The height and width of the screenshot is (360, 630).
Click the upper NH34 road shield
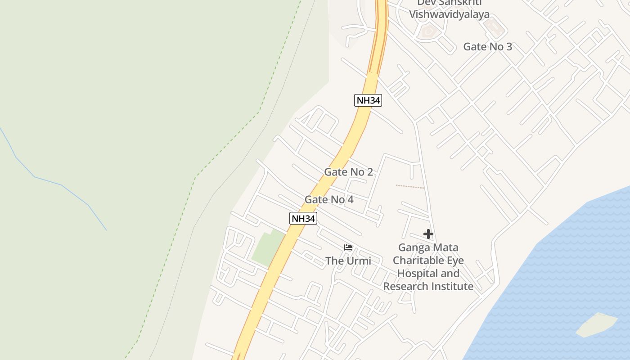click(x=368, y=100)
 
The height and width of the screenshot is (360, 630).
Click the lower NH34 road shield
click(x=303, y=219)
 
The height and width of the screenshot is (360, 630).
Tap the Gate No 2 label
click(x=348, y=172)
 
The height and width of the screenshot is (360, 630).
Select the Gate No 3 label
click(x=487, y=47)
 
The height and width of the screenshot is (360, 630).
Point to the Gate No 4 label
click(x=329, y=199)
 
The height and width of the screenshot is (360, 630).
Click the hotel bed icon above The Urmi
click(x=348, y=247)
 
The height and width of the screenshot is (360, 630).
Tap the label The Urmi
click(x=348, y=261)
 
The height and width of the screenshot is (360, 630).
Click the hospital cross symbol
click(x=428, y=234)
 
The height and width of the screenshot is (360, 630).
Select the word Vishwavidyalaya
click(x=449, y=14)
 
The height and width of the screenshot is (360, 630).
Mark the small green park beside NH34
click(x=268, y=247)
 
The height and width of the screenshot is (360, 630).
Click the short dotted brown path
click(x=410, y=186)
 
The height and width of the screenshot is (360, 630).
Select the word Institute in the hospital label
click(x=453, y=286)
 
